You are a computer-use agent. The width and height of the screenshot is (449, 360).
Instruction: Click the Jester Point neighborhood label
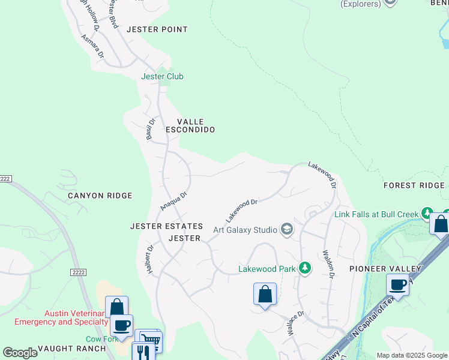[161, 29]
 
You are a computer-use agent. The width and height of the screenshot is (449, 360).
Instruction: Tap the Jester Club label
[162, 76]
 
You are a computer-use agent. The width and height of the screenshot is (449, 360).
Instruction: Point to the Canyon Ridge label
[100, 196]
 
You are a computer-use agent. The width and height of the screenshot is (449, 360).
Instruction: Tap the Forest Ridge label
[414, 185]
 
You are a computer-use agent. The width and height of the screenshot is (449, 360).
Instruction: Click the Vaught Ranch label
[63, 348]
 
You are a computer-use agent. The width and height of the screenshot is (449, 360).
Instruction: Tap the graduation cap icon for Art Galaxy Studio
[287, 229]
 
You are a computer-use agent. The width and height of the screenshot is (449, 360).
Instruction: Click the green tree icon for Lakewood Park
[305, 268]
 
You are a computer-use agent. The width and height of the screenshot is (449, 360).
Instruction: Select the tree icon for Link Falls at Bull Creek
[426, 214]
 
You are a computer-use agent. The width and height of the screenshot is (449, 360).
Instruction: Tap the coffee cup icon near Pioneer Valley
[397, 284]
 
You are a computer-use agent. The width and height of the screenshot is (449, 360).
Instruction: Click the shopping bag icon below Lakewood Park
[265, 294]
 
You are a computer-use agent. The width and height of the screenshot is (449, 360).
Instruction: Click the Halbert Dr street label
[150, 260]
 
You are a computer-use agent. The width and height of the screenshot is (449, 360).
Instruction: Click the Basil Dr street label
[151, 129]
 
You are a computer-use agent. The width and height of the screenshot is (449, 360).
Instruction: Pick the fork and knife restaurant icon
[143, 350]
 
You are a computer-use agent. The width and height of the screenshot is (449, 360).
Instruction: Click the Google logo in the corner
[20, 353]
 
